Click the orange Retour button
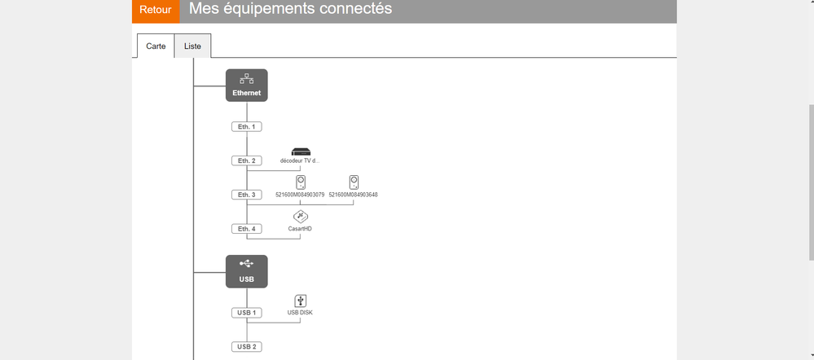156,11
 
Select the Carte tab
156,46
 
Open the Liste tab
193,46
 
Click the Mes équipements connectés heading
290,9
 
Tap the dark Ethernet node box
247,85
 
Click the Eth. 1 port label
246,127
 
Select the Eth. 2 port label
246,161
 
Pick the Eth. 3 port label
246,195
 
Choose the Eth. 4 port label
246,230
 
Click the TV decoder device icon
301,151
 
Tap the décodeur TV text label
300,161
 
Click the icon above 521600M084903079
301,182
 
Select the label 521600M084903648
353,195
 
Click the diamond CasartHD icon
301,217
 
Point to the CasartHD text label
300,229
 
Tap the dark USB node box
247,271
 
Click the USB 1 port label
246,313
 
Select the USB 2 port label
246,347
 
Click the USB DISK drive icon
301,301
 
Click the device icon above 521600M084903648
354,182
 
